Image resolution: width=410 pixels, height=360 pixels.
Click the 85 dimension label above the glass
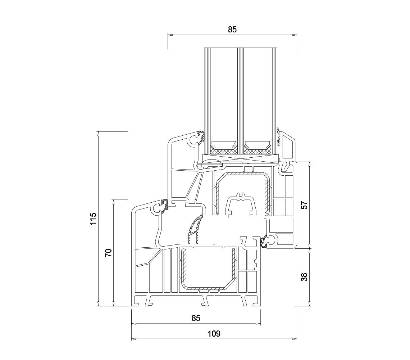point(232,30)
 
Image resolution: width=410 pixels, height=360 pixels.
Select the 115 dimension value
point(93,219)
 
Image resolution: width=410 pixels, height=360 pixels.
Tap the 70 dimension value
point(108,253)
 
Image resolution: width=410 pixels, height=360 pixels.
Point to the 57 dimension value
point(305,205)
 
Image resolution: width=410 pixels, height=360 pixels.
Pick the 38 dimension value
point(305,277)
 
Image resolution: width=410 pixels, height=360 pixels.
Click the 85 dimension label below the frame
point(196,318)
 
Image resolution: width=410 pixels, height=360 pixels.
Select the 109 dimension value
point(214,334)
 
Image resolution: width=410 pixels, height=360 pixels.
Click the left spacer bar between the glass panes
point(224,144)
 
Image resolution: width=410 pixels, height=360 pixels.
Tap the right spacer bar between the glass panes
point(257,144)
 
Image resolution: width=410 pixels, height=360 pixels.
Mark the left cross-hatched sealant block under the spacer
point(224,151)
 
